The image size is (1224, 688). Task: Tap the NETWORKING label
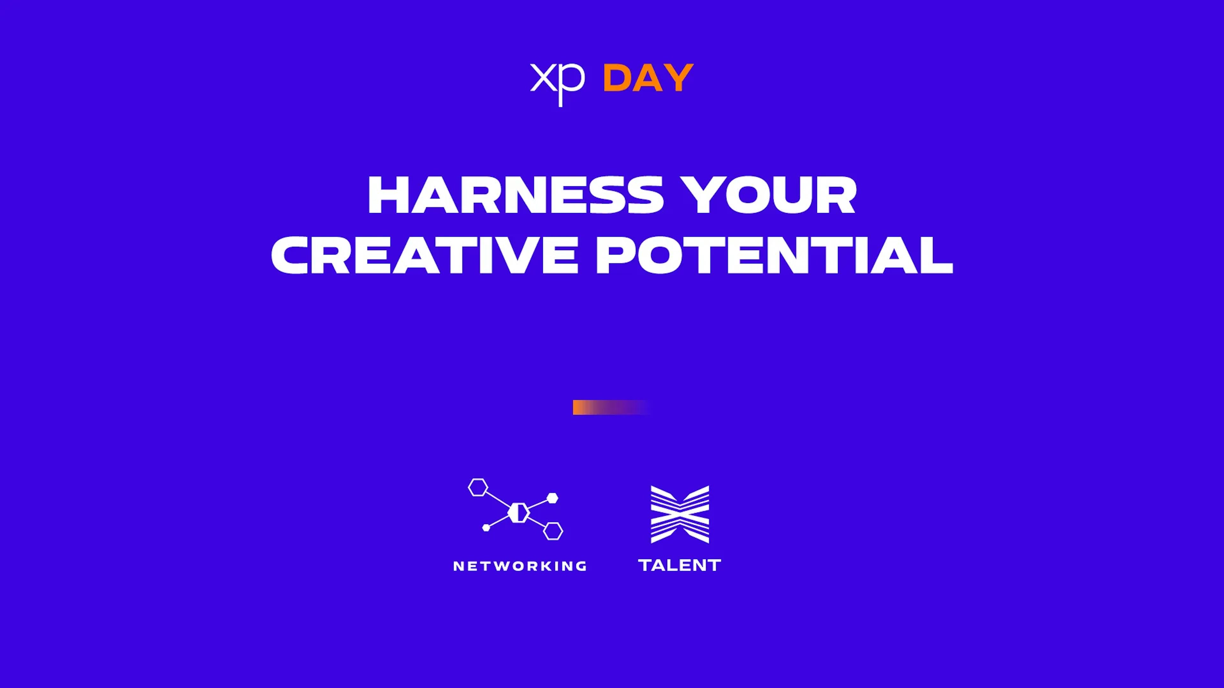520,566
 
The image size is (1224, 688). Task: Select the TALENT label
680,565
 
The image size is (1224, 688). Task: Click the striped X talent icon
680,514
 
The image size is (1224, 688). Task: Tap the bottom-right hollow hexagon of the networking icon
553,531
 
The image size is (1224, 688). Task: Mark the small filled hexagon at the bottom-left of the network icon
485,527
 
